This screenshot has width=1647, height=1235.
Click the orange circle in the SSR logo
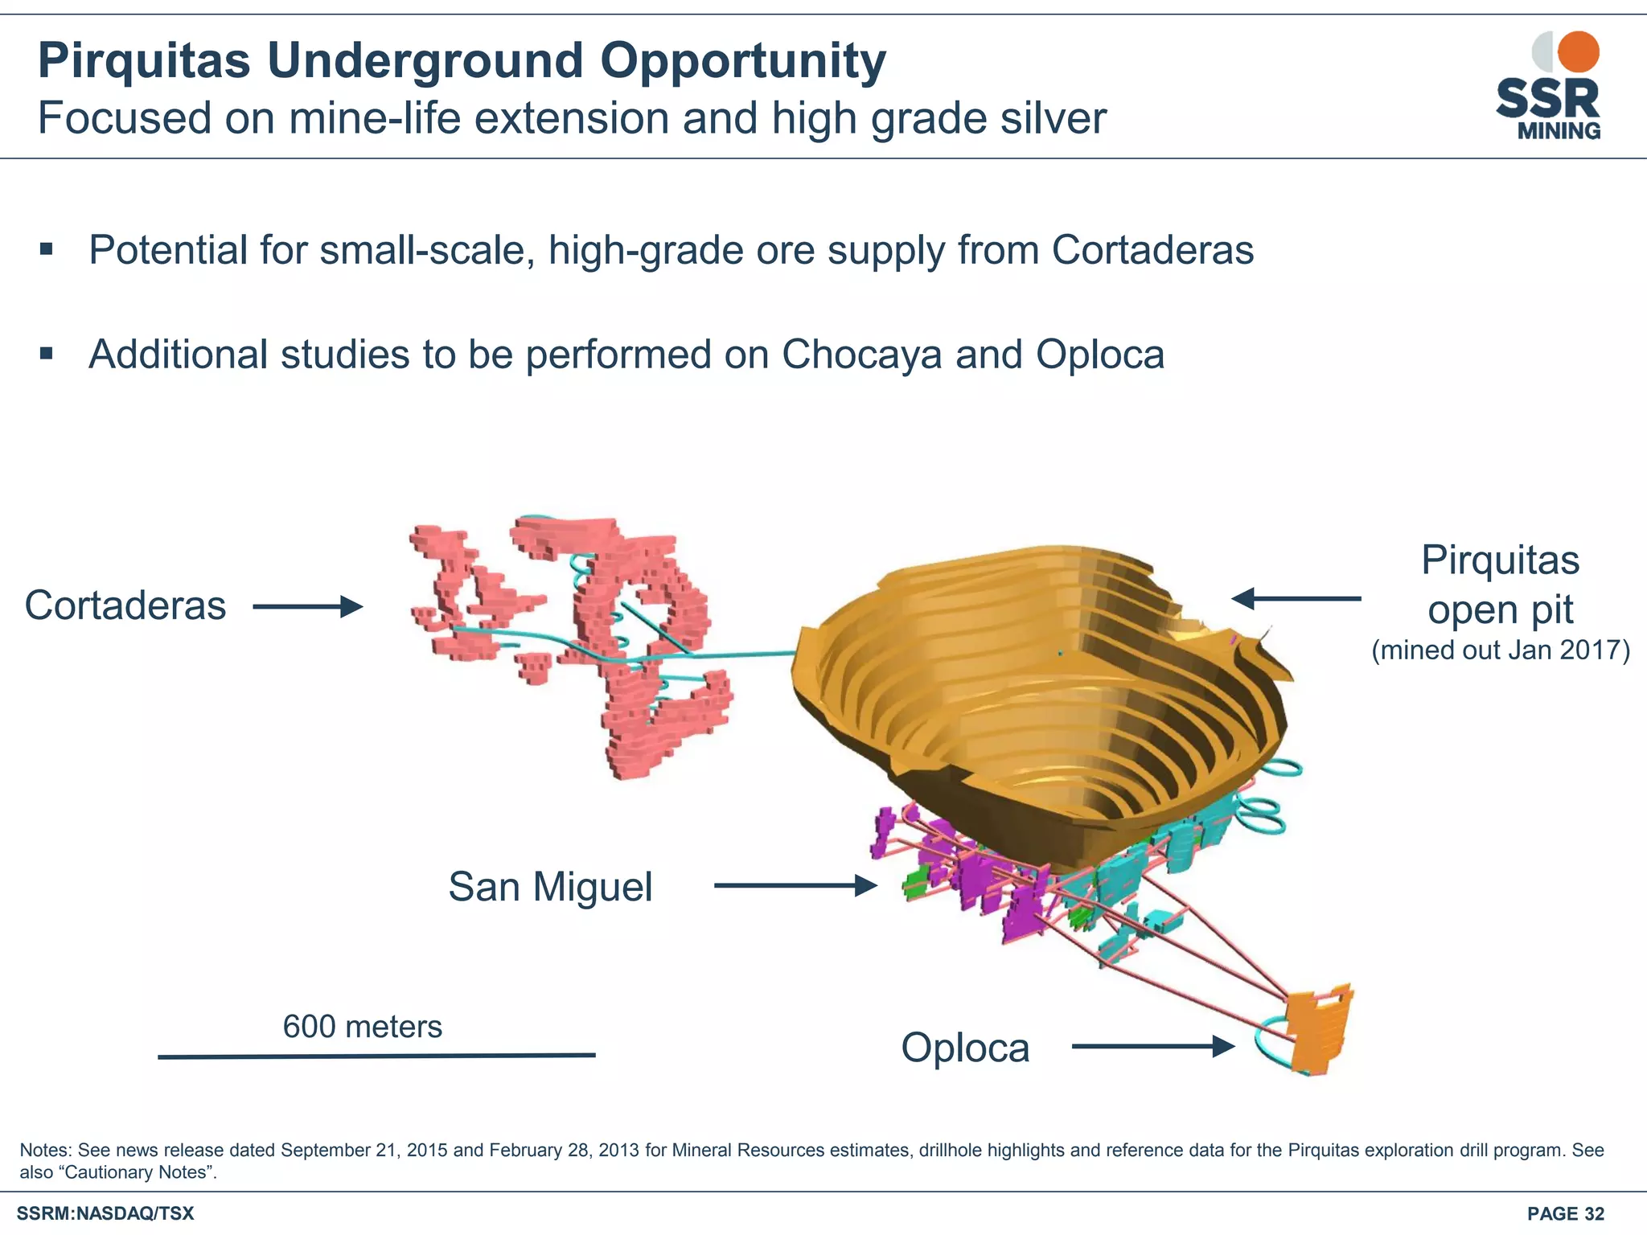[1578, 52]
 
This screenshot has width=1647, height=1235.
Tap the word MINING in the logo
[1559, 131]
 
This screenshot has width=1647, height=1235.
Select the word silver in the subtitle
[1053, 118]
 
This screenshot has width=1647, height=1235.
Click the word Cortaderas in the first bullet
[1152, 250]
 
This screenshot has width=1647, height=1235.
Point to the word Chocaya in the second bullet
[861, 355]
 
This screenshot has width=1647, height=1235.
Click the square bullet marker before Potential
[47, 249]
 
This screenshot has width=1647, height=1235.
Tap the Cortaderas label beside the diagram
[125, 605]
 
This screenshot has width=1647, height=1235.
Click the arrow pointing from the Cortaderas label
[307, 606]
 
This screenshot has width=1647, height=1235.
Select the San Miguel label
[550, 887]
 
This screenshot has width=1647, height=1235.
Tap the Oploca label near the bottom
[965, 1048]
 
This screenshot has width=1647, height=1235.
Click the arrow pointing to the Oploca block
[1152, 1046]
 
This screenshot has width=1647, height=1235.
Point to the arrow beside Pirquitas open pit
[1296, 598]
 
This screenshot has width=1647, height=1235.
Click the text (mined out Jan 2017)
[1501, 650]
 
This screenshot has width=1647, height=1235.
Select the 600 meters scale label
[363, 1027]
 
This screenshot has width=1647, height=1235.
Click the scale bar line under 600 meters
[376, 1056]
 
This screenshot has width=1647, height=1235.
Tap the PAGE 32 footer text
[1565, 1214]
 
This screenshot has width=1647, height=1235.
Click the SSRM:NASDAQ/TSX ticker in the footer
[105, 1214]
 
